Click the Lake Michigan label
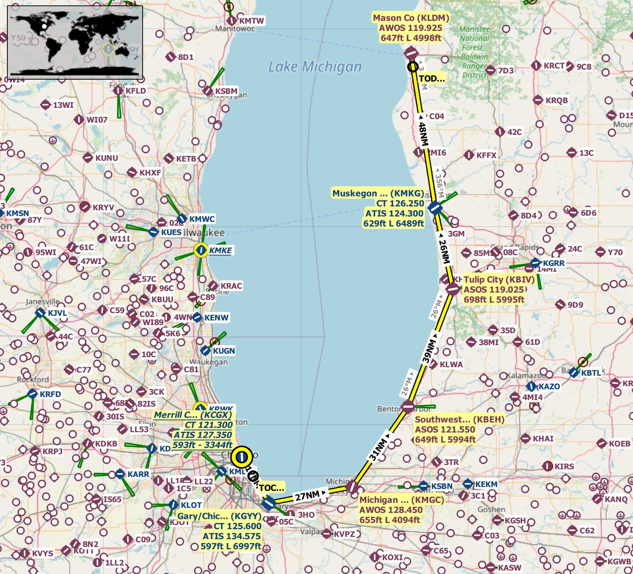(315, 66)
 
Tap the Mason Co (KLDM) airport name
(411, 18)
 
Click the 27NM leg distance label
(308, 496)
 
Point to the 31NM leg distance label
(378, 450)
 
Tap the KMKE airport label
(220, 250)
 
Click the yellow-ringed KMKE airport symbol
(201, 250)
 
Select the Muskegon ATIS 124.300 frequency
(394, 213)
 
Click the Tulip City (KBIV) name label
(499, 279)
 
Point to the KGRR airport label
(553, 263)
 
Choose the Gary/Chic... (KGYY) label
(219, 516)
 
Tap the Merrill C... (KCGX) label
(193, 415)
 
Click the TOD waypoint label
(432, 78)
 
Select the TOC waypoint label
(271, 487)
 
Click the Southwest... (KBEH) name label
(459, 419)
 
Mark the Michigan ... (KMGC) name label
(402, 500)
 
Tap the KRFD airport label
(50, 394)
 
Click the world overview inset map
(75, 42)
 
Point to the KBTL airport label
(591, 373)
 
